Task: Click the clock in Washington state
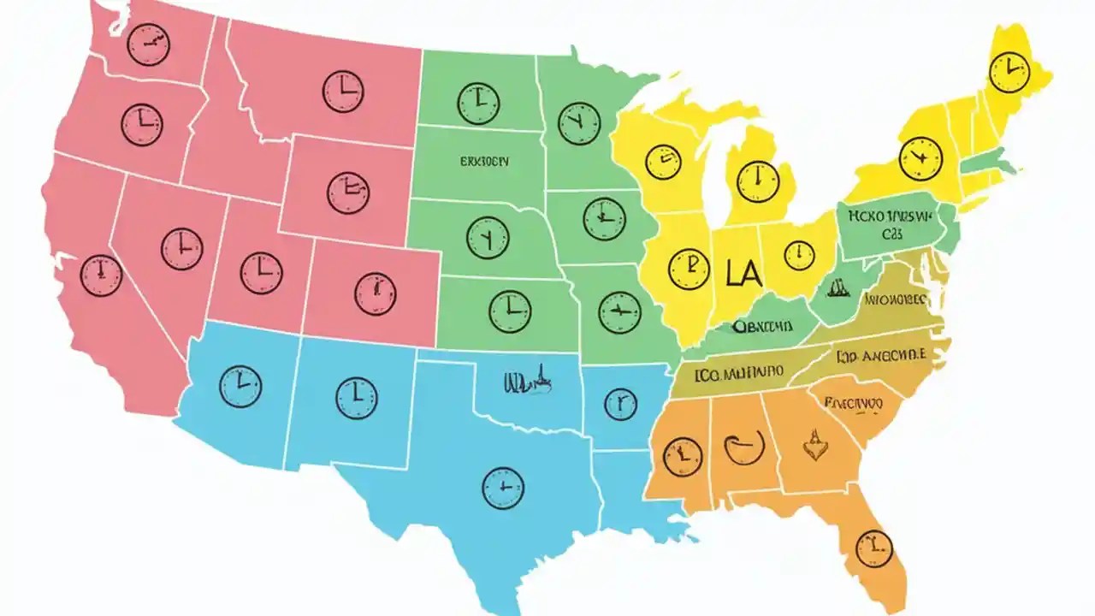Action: point(148,44)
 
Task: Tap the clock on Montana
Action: point(343,91)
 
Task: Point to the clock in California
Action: point(101,275)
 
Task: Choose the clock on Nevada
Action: point(182,249)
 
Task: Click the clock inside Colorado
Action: point(375,294)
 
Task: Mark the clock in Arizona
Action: point(240,386)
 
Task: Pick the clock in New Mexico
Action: point(357,398)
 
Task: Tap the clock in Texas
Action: point(503,489)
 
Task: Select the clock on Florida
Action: point(873,548)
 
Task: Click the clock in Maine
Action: point(1009,71)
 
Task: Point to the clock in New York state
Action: point(920,158)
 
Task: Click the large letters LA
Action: point(743,274)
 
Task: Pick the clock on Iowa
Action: point(605,218)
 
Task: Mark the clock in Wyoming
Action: point(348,192)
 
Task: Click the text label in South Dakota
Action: point(471,160)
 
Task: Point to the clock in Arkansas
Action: point(620,402)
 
